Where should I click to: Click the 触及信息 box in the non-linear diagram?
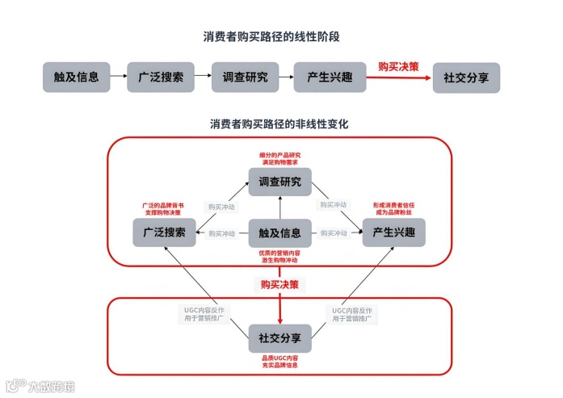point(279,233)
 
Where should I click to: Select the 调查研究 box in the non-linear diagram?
point(279,182)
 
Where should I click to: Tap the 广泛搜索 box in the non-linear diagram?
point(165,233)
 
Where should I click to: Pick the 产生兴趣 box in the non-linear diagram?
point(393,233)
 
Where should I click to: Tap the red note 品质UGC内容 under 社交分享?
point(279,361)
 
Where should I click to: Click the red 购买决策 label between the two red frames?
point(279,284)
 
